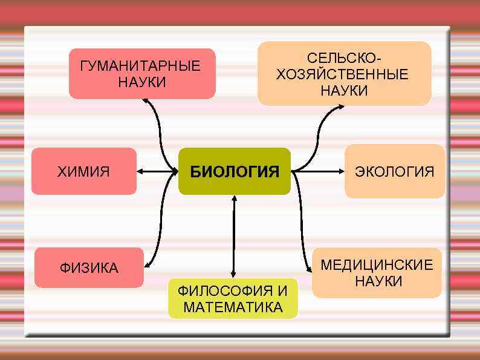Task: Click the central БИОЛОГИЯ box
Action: (x=235, y=171)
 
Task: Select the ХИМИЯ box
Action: (x=83, y=171)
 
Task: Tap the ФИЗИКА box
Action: (x=89, y=267)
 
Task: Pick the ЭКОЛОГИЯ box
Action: (x=394, y=171)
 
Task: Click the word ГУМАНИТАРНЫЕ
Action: (x=140, y=66)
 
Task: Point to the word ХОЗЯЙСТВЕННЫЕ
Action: (x=342, y=74)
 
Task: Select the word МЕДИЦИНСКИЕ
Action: (x=377, y=265)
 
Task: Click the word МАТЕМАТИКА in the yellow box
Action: (x=233, y=307)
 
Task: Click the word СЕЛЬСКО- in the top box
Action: (x=345, y=59)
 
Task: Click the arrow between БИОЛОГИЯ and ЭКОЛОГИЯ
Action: (x=317, y=172)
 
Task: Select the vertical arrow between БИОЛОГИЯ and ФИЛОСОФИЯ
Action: (x=233, y=236)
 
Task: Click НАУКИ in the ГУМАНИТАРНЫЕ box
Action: (x=141, y=82)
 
